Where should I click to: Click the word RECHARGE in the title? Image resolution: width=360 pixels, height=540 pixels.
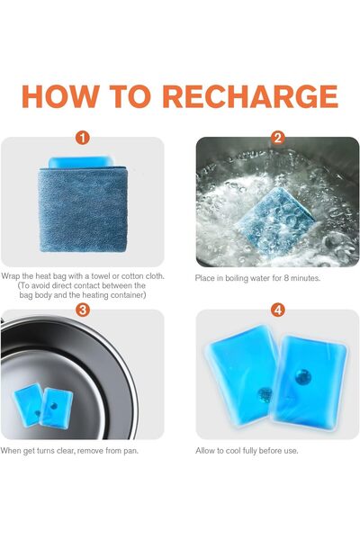(250, 96)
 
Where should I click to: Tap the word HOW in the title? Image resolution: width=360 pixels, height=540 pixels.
(60, 96)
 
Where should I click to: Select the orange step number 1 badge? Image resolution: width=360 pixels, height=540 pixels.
(83, 138)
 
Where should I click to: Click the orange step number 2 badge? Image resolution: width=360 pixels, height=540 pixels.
(278, 138)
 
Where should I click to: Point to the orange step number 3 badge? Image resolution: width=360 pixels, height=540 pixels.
(83, 310)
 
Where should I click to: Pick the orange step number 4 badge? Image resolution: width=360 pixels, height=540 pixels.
(278, 310)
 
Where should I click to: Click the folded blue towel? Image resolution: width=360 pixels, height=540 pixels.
(83, 210)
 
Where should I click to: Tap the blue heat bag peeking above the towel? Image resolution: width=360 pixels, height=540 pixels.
(81, 162)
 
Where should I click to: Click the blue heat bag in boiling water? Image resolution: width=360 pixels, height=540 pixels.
(274, 220)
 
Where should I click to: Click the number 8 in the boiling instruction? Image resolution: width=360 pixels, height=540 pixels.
(286, 278)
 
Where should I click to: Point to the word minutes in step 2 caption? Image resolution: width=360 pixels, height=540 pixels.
(305, 278)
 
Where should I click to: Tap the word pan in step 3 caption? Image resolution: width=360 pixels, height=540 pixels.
(130, 451)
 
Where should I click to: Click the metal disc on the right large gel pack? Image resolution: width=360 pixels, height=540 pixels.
(302, 377)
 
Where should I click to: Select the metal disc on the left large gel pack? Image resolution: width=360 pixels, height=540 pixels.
(265, 395)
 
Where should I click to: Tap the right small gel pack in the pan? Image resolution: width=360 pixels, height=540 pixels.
(56, 409)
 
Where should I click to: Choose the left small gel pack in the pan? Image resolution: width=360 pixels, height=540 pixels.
(28, 405)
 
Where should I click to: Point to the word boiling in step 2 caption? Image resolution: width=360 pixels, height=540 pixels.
(236, 278)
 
